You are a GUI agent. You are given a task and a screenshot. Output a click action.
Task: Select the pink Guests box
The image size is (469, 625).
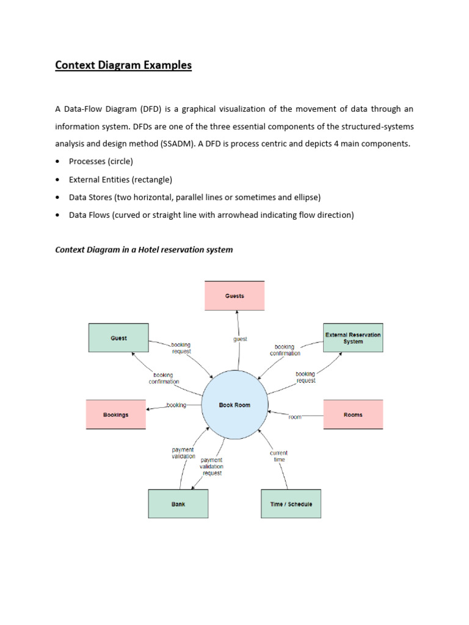point(234,296)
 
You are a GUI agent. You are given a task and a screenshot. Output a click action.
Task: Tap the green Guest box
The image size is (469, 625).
point(118,338)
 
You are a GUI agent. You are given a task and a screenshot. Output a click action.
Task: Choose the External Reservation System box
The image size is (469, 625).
point(353,338)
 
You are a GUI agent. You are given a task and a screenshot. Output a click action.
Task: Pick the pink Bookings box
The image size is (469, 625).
point(115,415)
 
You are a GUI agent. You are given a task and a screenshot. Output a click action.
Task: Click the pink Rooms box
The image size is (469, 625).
point(353,415)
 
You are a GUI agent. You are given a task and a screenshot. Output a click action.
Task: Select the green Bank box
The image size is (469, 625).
point(178,504)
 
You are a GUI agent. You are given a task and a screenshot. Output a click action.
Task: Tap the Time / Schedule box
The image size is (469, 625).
point(291,504)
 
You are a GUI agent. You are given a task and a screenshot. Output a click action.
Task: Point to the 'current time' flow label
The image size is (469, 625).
point(278,456)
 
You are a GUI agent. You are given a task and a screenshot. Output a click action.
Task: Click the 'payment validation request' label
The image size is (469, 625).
point(211,466)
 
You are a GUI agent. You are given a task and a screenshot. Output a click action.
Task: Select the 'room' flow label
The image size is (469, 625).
point(295,417)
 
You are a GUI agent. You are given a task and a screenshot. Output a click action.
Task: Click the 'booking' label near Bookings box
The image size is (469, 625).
point(176,405)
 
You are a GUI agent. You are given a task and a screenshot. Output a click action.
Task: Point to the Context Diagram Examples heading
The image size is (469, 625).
point(123,65)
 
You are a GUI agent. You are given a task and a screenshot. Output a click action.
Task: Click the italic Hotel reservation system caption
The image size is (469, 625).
point(144,250)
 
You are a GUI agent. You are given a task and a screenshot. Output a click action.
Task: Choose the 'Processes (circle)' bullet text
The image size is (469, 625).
point(101,162)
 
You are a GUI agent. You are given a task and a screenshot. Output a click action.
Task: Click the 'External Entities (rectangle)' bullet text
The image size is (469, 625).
point(120,179)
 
